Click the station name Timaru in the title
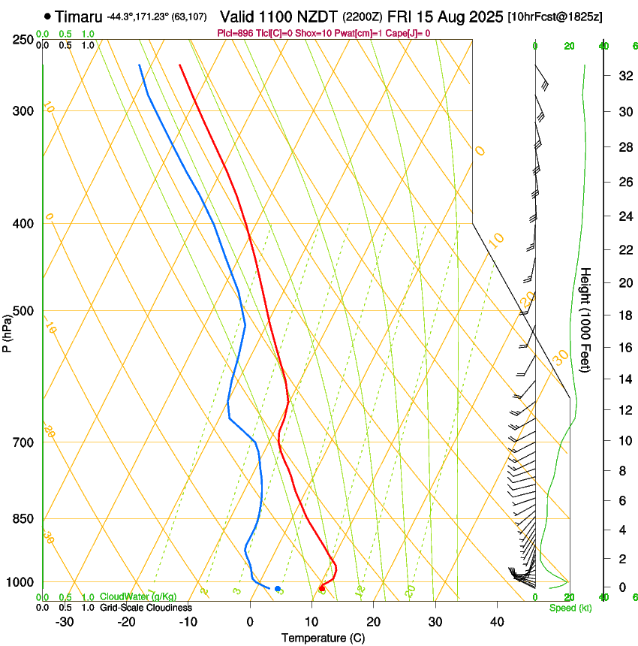[x=80, y=16]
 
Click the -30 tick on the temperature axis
[x=65, y=622]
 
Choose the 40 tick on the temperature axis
[x=496, y=622]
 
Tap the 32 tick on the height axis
[x=622, y=75]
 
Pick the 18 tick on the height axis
[x=622, y=315]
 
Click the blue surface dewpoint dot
[x=278, y=588]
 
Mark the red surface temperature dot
[x=322, y=588]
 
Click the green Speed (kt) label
[x=570, y=608]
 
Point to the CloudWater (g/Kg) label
[x=138, y=596]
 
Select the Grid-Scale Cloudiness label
[x=146, y=608]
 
